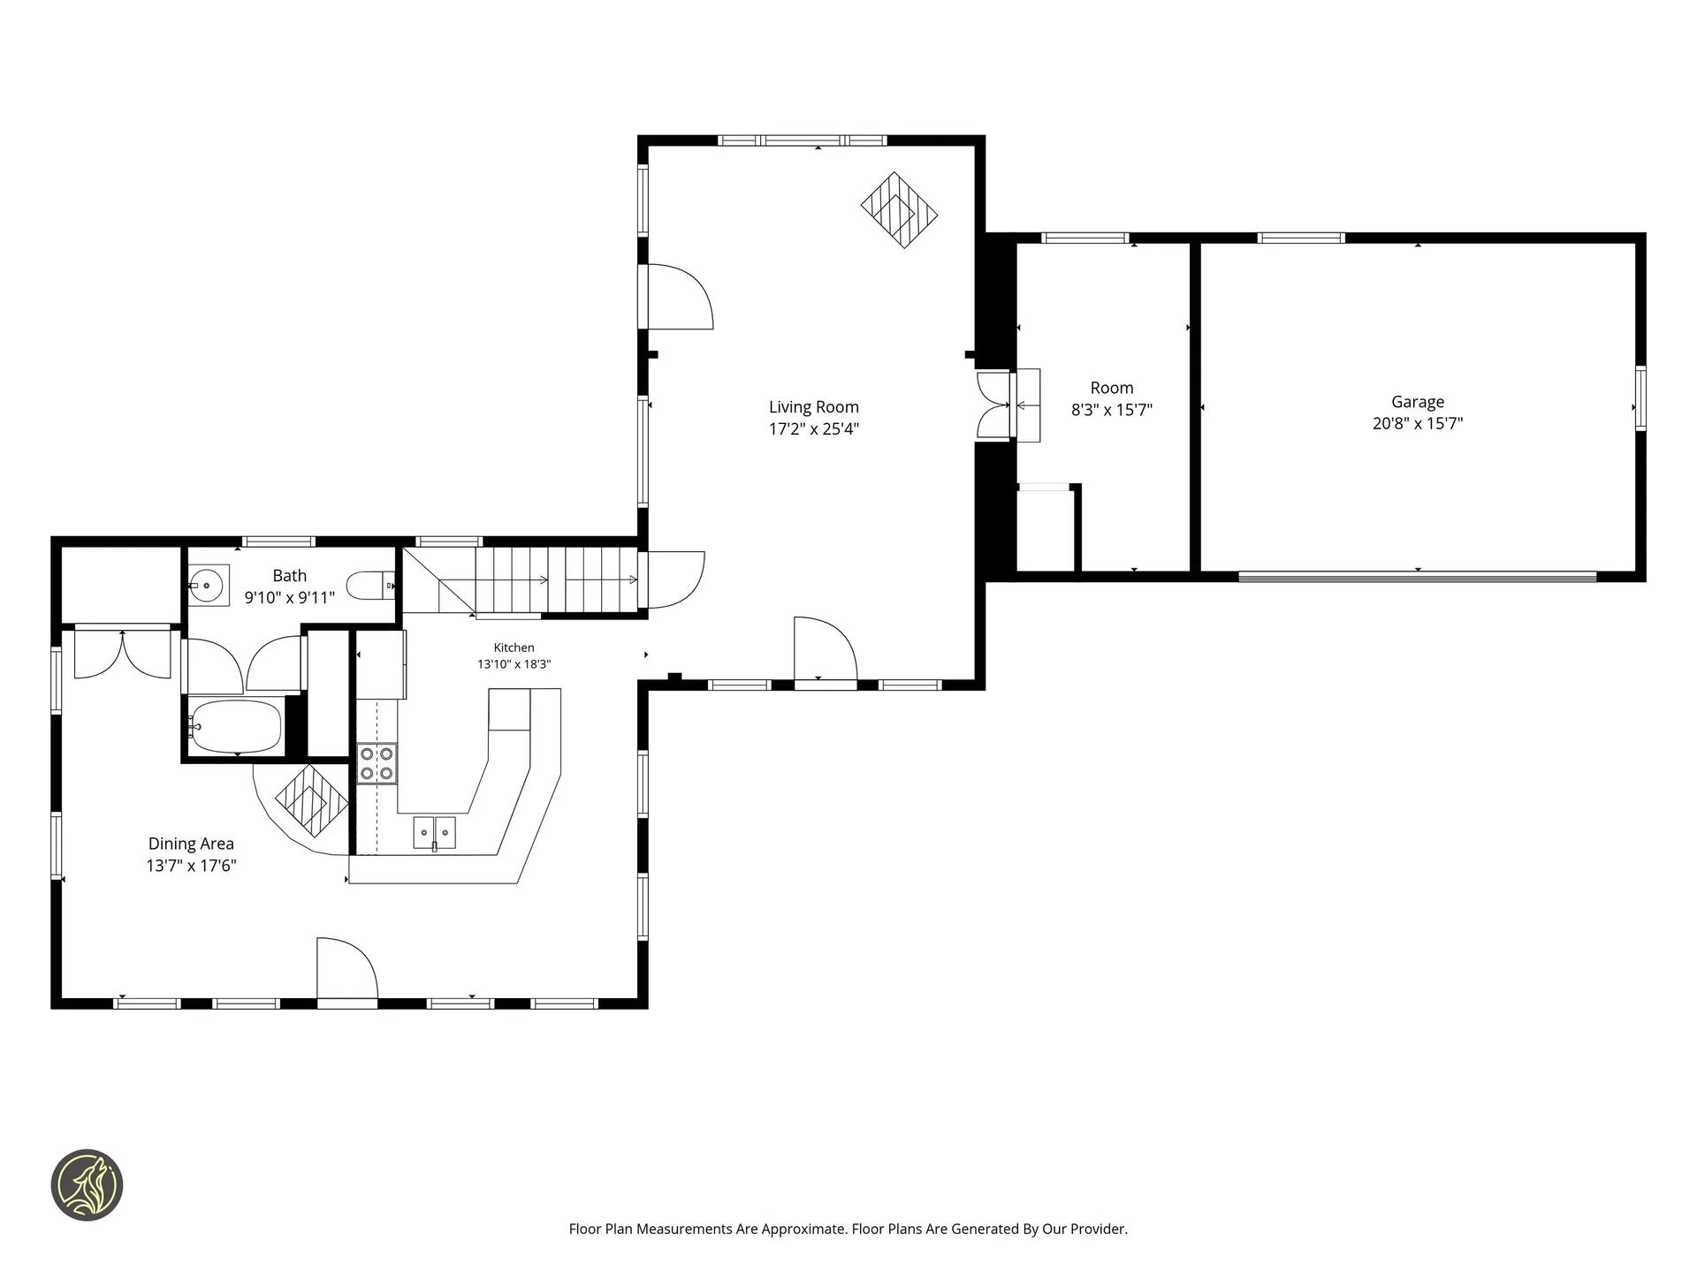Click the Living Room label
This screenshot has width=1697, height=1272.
coord(813,407)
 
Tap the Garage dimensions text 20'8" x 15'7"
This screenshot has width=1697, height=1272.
coord(1418,424)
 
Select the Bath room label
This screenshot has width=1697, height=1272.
coord(290,576)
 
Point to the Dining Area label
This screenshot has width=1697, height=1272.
coord(191,844)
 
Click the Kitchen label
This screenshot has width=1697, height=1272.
coord(514,648)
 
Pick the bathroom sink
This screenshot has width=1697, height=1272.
coord(209,585)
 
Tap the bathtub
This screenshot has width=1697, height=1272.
coord(236,726)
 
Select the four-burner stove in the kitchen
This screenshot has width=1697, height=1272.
coord(377,763)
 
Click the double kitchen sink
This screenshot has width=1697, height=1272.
coord(434,833)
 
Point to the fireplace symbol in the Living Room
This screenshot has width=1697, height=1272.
coord(900,210)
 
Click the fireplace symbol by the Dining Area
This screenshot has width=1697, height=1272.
coord(312,800)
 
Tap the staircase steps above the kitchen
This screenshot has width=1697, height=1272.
coord(557,579)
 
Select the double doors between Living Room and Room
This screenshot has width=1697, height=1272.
coord(993,405)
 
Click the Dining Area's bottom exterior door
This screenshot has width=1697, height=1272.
coord(347,972)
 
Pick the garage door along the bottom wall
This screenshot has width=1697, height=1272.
coord(1418,577)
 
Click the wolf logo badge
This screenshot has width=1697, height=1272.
coord(87,1185)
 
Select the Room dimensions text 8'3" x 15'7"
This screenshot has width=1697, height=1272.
coord(1112,411)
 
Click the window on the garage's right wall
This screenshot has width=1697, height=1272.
coord(1640,398)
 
